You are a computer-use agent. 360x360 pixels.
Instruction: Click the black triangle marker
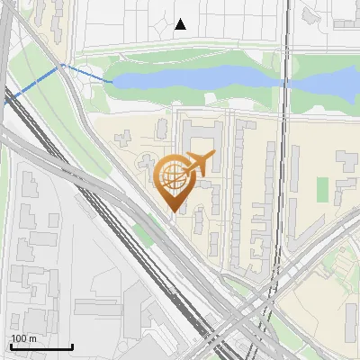click(x=180, y=24)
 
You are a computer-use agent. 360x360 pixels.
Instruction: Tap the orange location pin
click(x=174, y=180)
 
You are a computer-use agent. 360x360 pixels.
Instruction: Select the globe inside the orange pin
click(x=172, y=175)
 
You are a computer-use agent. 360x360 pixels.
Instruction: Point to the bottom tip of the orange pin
click(x=173, y=212)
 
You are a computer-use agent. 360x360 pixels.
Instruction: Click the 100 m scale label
click(x=23, y=338)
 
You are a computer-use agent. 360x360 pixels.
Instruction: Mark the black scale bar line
click(x=41, y=346)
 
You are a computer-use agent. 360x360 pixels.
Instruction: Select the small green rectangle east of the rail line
click(x=322, y=189)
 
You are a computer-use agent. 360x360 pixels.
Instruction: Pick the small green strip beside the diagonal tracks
click(x=141, y=236)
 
